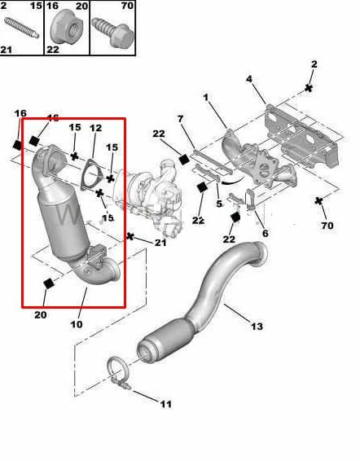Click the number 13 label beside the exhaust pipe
tap(257, 327)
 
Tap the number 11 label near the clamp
tap(166, 404)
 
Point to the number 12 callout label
tap(95, 129)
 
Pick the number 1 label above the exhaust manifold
tap(205, 98)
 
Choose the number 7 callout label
tap(182, 120)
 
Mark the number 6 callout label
tap(265, 233)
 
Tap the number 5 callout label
tap(219, 204)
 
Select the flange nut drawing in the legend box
tap(64, 31)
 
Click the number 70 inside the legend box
tap(127, 6)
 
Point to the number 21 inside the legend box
tap(7, 50)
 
